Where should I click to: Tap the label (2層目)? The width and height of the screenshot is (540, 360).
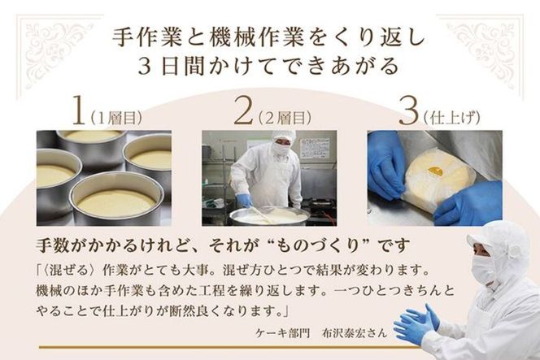pos(284,115)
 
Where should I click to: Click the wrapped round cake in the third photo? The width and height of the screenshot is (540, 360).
pos(438,176)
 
